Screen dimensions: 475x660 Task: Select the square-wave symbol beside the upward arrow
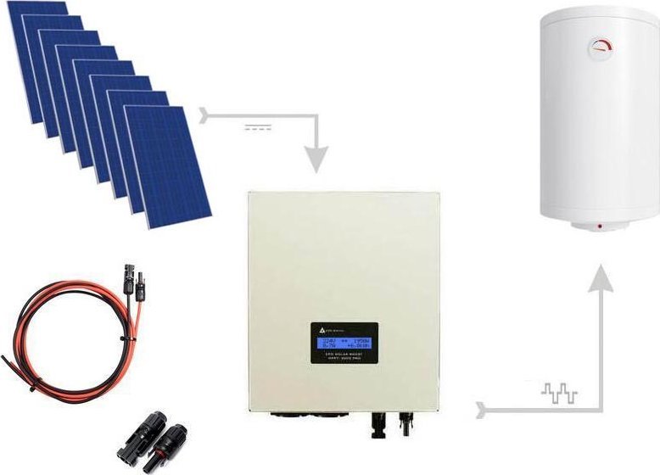tap(559, 393)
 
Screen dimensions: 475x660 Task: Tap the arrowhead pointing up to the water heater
tap(601, 277)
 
